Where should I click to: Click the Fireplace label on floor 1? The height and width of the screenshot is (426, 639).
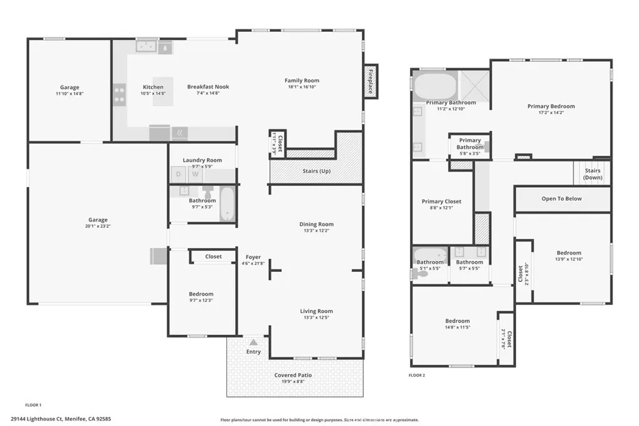point(370,80)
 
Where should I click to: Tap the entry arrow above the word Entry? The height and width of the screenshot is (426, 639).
point(253,342)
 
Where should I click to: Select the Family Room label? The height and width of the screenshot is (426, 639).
point(302,80)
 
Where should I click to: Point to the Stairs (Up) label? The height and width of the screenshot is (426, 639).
point(316,171)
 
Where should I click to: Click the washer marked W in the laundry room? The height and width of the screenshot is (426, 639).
point(195,175)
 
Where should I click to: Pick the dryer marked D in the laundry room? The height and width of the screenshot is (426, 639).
point(178,175)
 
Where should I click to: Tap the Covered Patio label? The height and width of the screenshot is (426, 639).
point(293,375)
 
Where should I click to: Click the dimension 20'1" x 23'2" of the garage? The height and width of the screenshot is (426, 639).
point(97,228)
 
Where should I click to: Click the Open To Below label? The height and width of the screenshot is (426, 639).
point(562,199)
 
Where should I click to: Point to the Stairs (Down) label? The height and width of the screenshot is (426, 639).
point(592,174)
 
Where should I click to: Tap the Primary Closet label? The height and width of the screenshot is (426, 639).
point(441,201)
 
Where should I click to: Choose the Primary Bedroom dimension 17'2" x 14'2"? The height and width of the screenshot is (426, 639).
point(551,114)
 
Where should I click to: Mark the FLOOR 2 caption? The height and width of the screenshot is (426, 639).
point(416,375)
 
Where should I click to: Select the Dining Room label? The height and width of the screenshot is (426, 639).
point(316,224)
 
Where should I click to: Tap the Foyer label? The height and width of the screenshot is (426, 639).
point(253,256)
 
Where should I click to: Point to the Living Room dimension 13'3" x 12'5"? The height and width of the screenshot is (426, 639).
point(316,319)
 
